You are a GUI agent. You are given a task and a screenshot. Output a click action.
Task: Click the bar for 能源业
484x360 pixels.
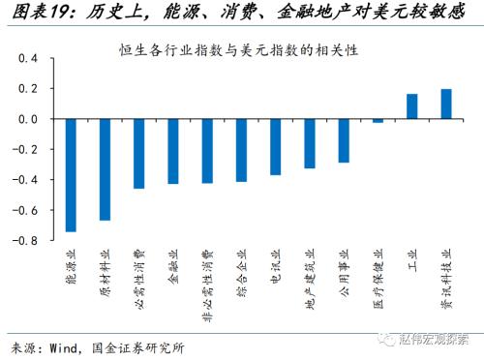[71, 175]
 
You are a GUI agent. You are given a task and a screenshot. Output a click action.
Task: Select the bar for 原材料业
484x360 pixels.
[105, 169]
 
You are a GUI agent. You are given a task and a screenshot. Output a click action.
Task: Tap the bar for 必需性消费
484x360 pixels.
[139, 153]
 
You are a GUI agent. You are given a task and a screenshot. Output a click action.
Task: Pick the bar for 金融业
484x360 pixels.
[173, 151]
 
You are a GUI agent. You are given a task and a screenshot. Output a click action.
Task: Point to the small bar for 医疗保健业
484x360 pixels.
[378, 121]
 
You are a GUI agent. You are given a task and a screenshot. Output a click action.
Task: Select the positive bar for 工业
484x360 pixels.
[411, 106]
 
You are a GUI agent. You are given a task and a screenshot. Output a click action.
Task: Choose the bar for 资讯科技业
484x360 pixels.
[446, 104]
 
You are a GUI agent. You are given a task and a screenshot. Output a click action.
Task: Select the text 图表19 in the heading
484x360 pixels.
[34, 14]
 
